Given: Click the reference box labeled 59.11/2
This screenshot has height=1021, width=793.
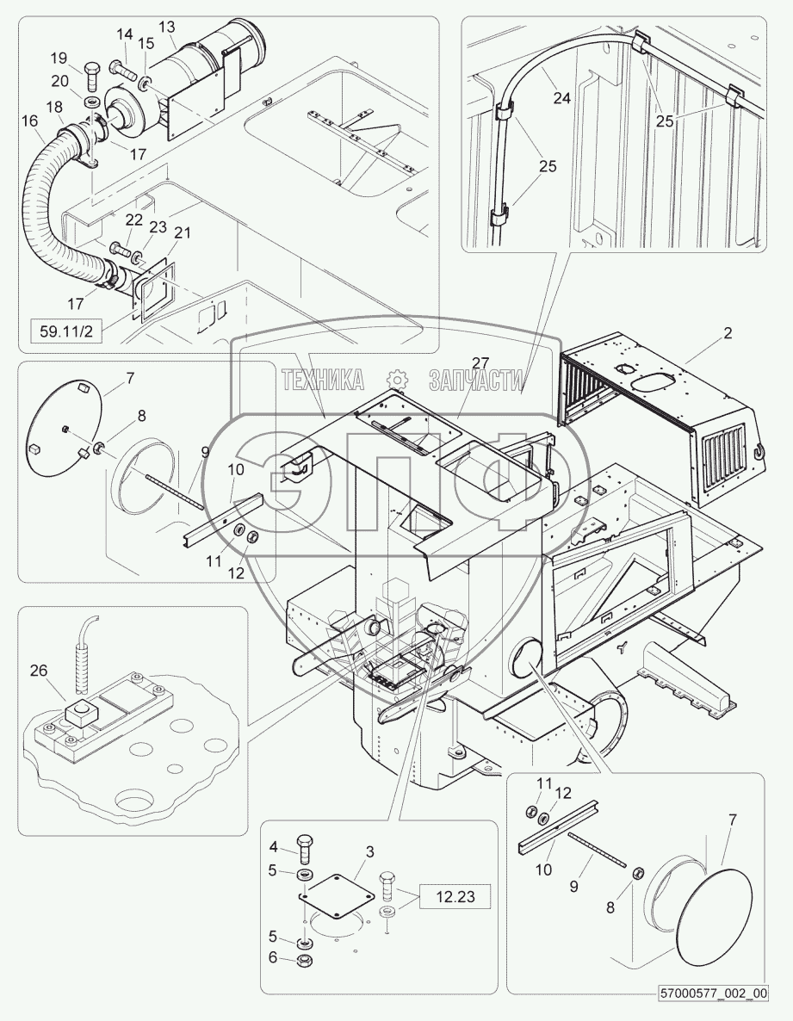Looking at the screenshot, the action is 67,331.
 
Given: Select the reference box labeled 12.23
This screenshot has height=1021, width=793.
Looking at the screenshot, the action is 455,897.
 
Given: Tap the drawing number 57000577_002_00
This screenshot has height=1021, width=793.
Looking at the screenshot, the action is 714,1012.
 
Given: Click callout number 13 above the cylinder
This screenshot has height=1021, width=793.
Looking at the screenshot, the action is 167,27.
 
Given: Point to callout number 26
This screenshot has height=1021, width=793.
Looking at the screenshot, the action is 39,670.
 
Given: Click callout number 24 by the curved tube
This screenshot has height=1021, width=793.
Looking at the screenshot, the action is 562,97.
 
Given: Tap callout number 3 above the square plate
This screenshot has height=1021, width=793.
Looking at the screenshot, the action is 369,851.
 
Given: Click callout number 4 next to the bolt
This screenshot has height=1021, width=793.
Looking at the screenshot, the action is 273,847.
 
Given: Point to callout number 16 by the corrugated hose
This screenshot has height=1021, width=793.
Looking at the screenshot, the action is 29,121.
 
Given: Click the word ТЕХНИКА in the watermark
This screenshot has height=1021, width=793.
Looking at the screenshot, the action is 323,381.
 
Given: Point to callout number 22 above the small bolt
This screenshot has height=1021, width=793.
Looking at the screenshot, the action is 134,220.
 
